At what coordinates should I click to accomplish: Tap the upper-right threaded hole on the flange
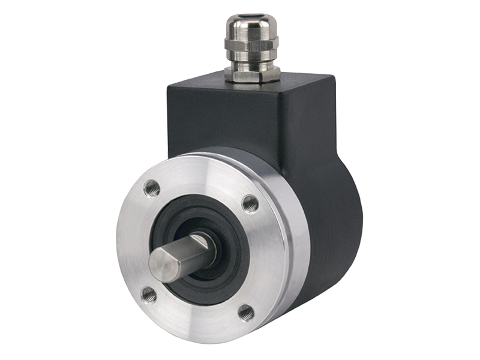click(x=250, y=204)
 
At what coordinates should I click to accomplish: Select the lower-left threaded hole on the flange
click(x=148, y=294)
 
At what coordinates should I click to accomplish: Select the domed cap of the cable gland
click(x=252, y=28)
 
